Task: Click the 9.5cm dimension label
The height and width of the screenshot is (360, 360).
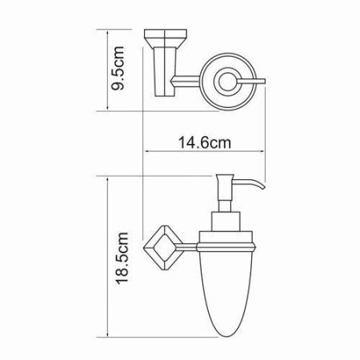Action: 117,69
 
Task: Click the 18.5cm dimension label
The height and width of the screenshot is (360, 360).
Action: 118,254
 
